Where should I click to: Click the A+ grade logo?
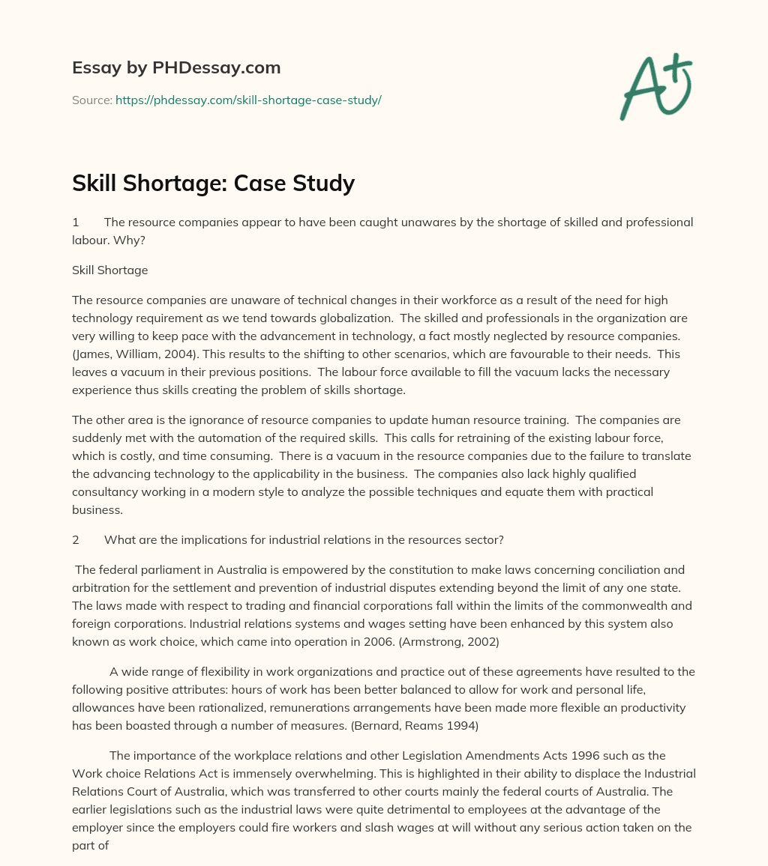tap(655, 87)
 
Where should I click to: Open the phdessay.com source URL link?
tap(248, 100)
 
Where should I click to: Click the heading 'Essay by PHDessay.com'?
tap(176, 67)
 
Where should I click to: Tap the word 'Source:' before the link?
tap(92, 100)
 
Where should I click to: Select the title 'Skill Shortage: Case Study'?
tap(213, 183)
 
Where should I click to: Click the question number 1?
tap(76, 222)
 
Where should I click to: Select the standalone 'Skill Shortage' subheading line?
tap(109, 270)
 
